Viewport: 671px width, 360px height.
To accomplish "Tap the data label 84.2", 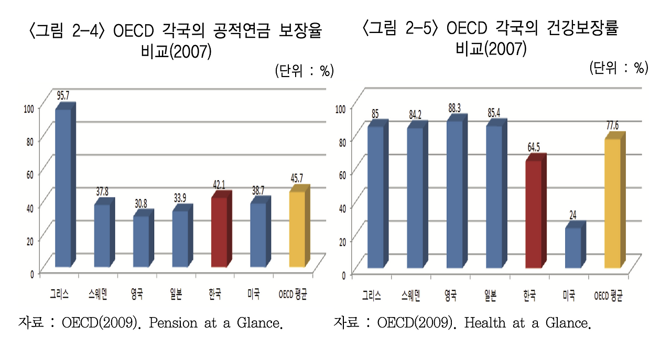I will pyautogui.click(x=416, y=114).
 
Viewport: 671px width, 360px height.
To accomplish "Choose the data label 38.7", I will pyautogui.click(x=258, y=191).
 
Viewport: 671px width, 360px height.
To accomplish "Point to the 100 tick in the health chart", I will pyautogui.click(x=341, y=108).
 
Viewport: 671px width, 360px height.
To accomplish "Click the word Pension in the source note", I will pyautogui.click(x=170, y=323).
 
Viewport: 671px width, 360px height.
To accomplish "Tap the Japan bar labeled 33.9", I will pyautogui.click(x=180, y=238).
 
